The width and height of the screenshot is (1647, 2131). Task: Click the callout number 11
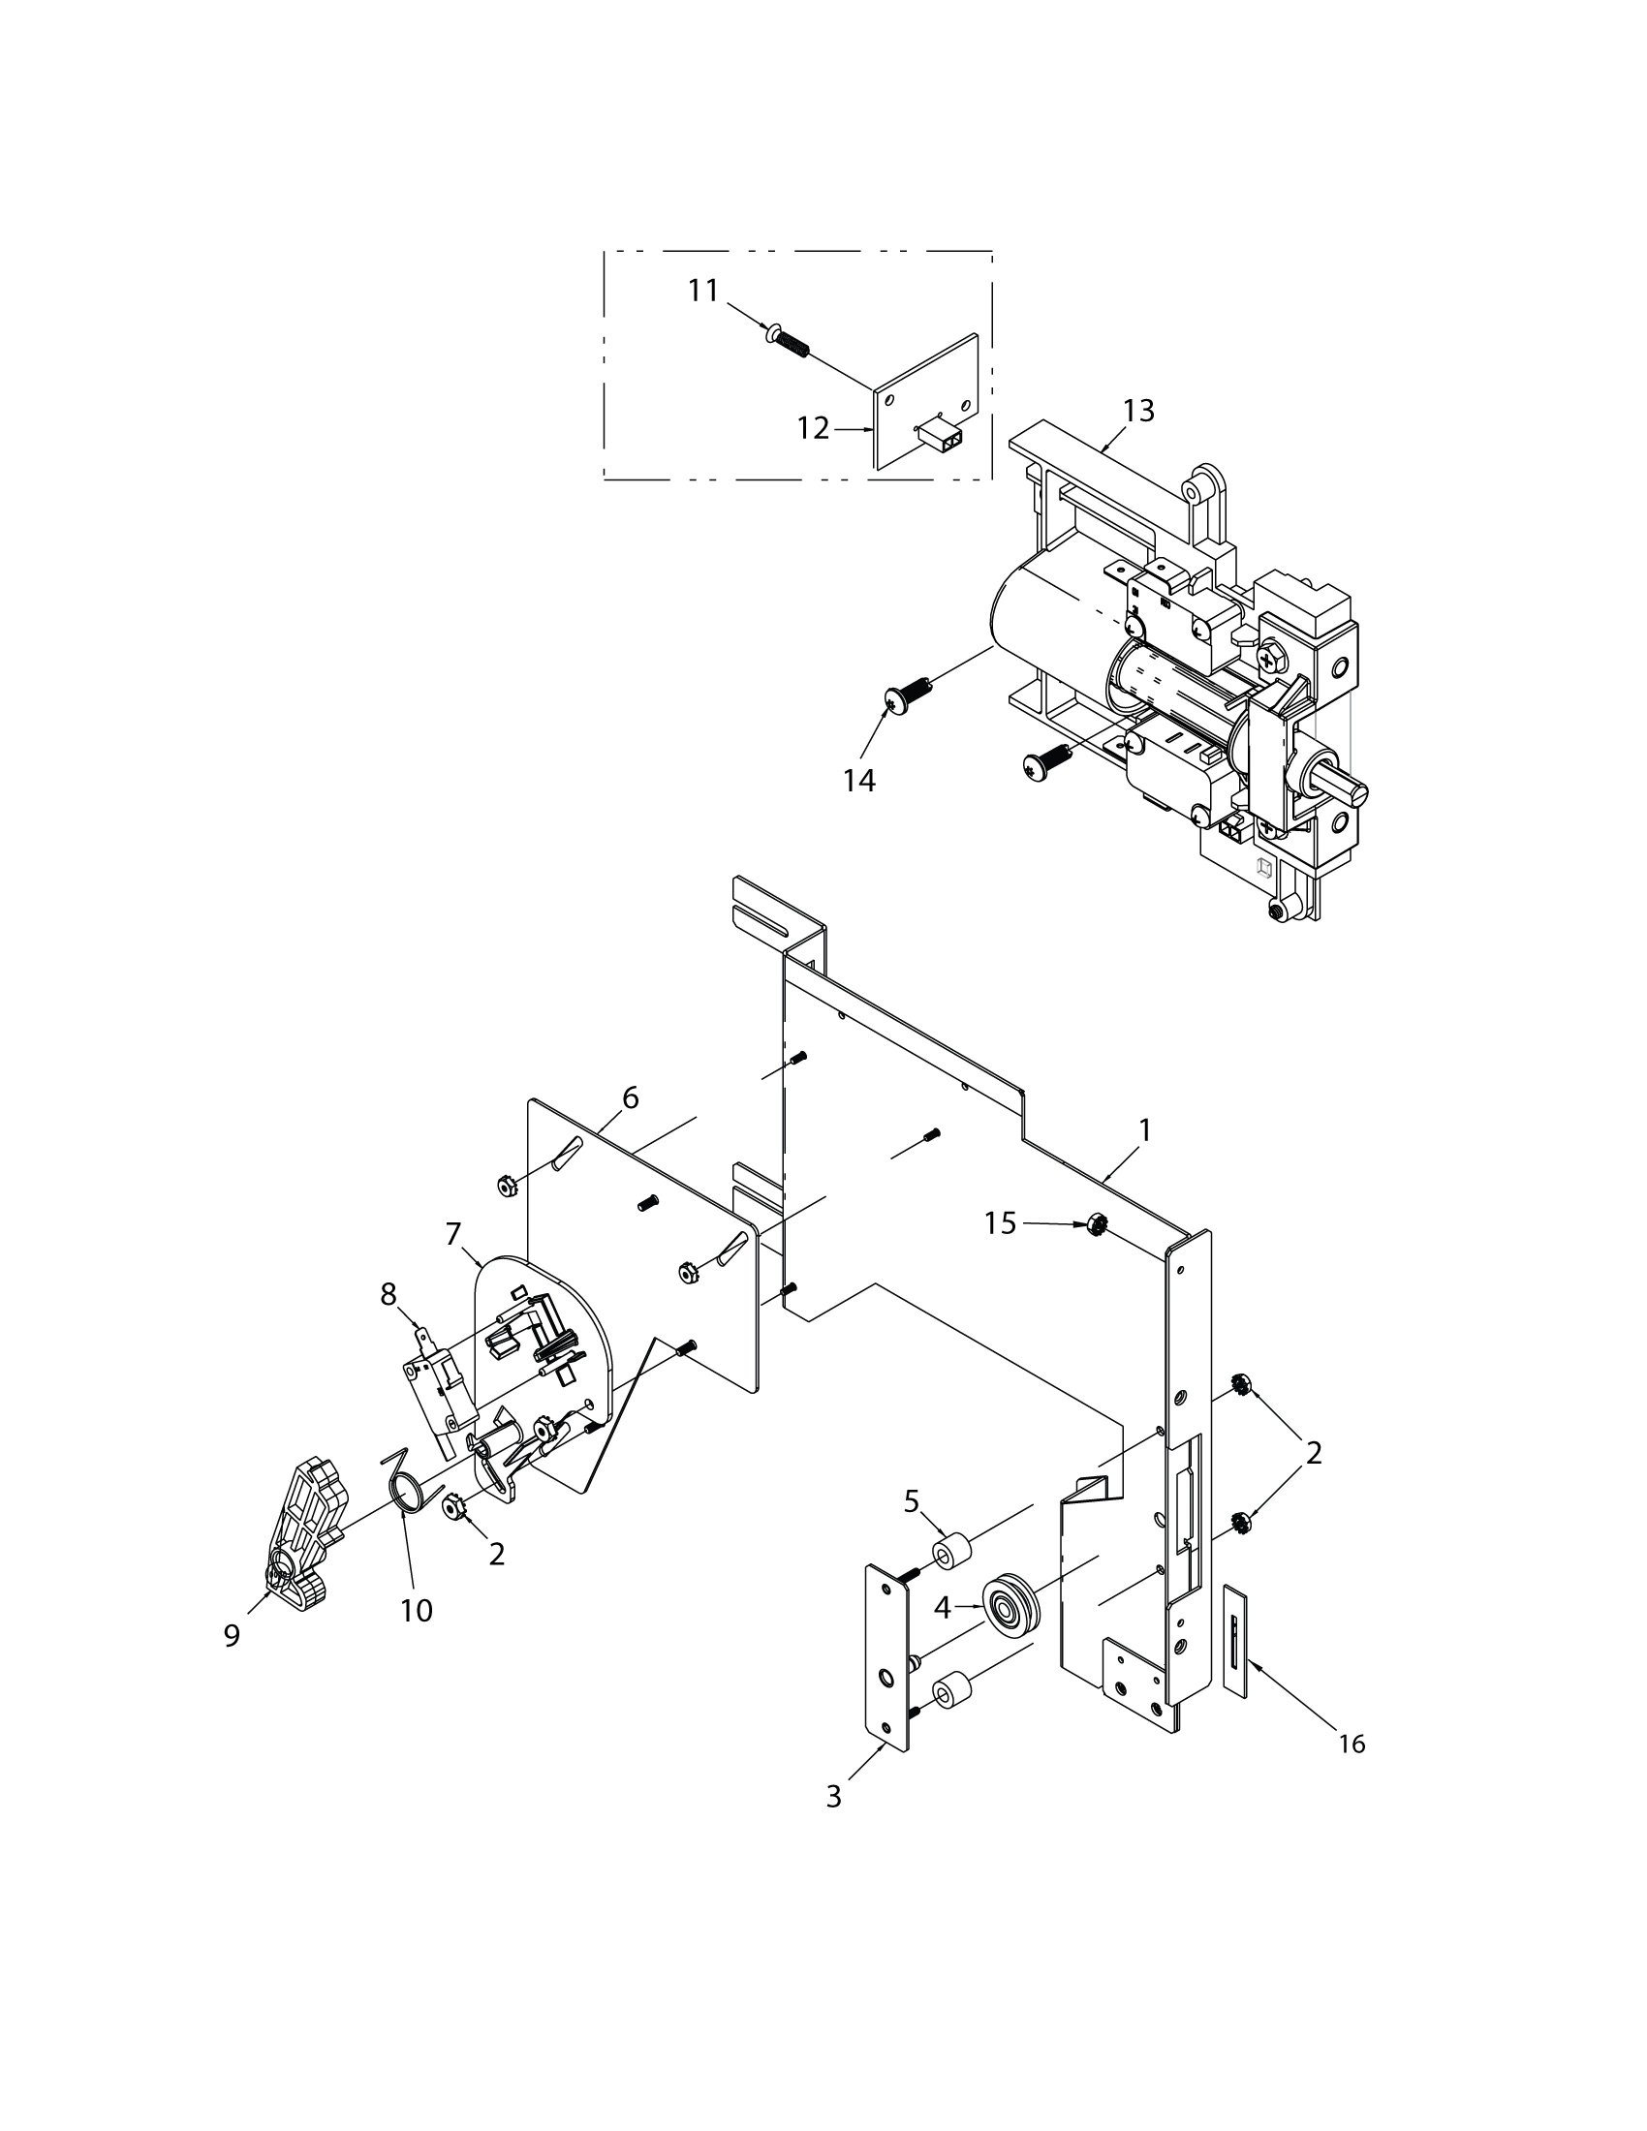(x=703, y=291)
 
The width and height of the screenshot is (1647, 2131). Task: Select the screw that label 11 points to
(x=790, y=342)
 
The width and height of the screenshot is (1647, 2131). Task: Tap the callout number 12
(x=813, y=427)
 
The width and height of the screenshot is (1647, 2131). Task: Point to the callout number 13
(x=1138, y=411)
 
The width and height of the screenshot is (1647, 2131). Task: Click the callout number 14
(x=859, y=781)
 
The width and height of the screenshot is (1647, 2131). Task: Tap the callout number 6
(x=631, y=1097)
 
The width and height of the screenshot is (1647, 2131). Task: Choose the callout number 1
(x=1145, y=1129)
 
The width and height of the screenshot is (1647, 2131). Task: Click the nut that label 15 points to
(x=1095, y=1225)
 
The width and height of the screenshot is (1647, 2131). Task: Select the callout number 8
(x=388, y=1295)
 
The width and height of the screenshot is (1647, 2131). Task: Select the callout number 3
(x=833, y=1796)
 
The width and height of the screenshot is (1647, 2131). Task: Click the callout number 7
(x=452, y=1234)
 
